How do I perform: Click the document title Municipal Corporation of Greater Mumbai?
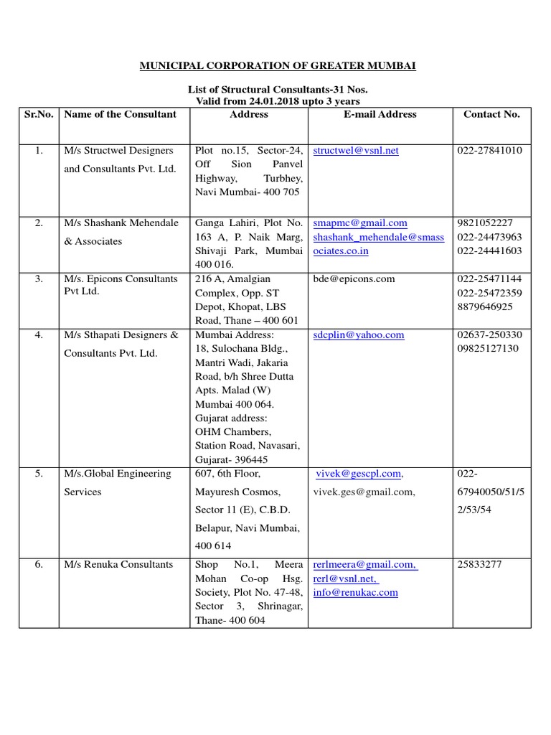tap(277, 66)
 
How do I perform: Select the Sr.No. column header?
tap(39, 114)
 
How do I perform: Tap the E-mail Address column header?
tap(380, 114)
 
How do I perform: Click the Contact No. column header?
tap(491, 114)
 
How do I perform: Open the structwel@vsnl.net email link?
tap(356, 151)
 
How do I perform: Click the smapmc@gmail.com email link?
tap(360, 223)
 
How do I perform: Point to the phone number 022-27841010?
tap(489, 151)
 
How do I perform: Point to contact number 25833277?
tap(479, 564)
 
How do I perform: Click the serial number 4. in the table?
tap(39, 334)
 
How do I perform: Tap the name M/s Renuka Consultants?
tap(118, 564)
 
